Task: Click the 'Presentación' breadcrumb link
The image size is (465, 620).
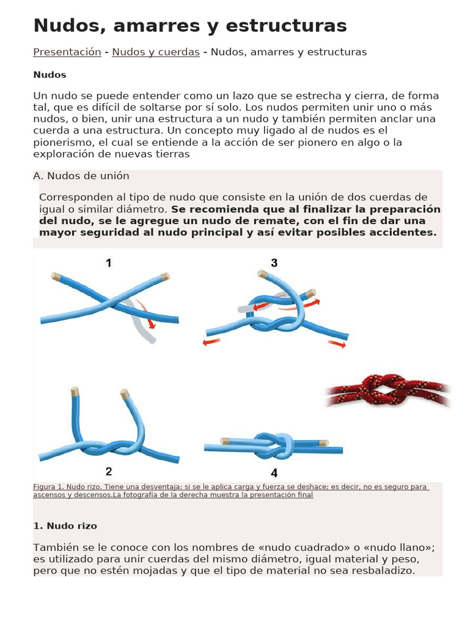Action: (x=67, y=52)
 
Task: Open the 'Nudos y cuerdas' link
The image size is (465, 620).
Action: (x=156, y=52)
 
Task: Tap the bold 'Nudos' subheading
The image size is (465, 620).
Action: (x=50, y=74)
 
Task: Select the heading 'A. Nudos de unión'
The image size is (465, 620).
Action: (x=81, y=176)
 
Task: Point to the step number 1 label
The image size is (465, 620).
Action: (x=108, y=263)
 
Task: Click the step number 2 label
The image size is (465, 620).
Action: (x=108, y=471)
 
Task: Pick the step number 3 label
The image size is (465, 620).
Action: (x=274, y=263)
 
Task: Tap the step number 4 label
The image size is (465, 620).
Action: (x=274, y=473)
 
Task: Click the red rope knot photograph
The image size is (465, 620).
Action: (x=387, y=391)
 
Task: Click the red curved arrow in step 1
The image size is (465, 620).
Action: (x=147, y=312)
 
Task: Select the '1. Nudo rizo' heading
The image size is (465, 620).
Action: (x=65, y=526)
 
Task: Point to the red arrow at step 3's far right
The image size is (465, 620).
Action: (x=337, y=344)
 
